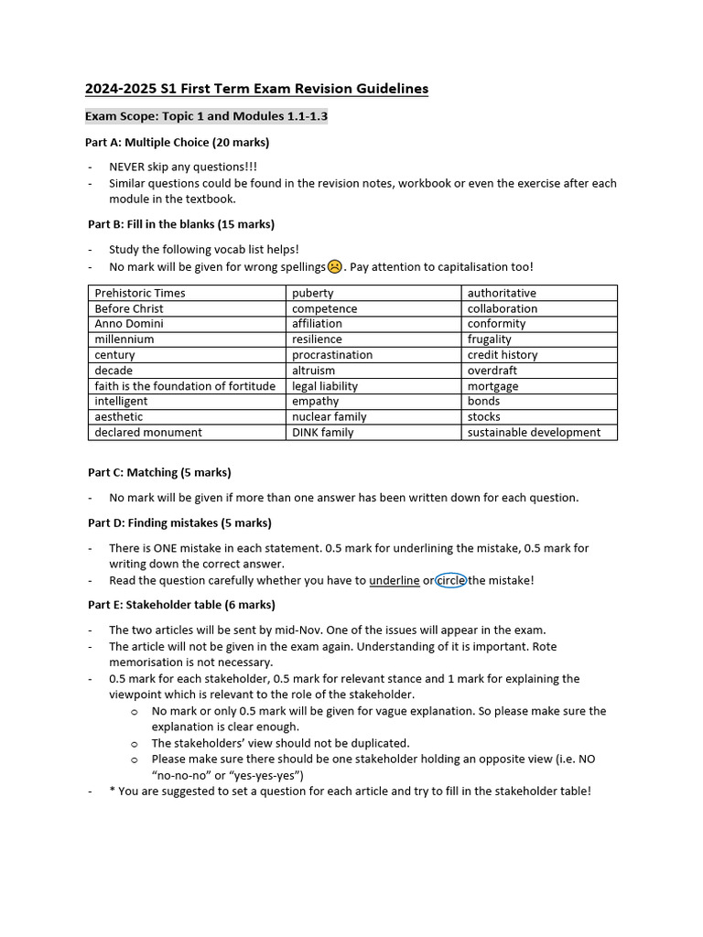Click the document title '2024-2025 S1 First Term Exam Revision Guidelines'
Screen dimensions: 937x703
tap(256, 89)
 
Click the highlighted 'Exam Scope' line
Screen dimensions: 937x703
tap(206, 116)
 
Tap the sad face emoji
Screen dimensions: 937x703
tap(335, 266)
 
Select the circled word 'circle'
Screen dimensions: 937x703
tap(451, 580)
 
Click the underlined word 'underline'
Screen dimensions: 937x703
tap(395, 580)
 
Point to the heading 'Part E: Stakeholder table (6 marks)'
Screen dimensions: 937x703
tap(181, 605)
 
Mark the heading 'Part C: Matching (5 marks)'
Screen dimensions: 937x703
tap(159, 472)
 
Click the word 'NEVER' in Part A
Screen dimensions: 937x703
tap(129, 167)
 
